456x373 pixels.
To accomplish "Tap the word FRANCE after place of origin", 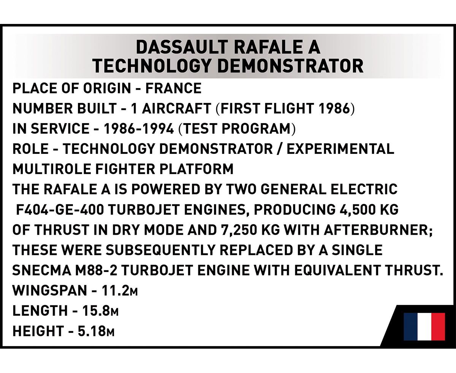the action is click(x=173, y=88).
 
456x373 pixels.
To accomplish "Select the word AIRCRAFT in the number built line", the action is click(x=176, y=108).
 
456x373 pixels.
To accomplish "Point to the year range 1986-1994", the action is click(x=139, y=129).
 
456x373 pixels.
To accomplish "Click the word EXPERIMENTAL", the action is click(x=340, y=149).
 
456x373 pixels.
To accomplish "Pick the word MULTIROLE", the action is click(x=52, y=169).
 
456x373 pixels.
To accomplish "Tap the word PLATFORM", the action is click(x=196, y=169).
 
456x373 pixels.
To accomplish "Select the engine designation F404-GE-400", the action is click(x=60, y=209).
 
